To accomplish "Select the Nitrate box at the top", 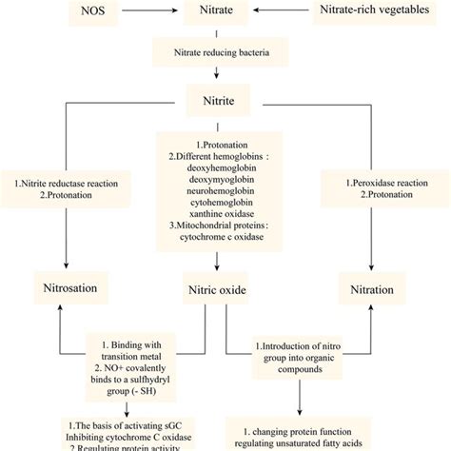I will [x=225, y=14].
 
